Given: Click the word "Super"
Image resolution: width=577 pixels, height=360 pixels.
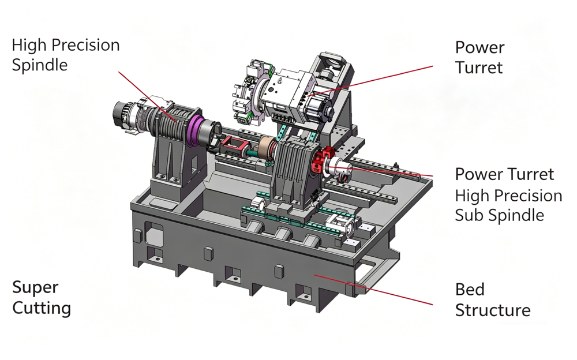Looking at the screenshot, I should pyautogui.click(x=35, y=287).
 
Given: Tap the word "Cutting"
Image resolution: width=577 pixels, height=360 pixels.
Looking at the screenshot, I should pyautogui.click(x=42, y=308).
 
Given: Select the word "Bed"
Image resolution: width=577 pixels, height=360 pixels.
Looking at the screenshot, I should pyautogui.click(x=470, y=289).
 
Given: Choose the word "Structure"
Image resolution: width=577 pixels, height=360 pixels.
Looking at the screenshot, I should pyautogui.click(x=493, y=310).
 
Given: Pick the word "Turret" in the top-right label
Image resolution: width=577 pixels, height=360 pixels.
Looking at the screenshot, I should pyautogui.click(x=479, y=67).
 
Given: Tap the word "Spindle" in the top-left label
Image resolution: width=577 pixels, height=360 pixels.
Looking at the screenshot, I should pyautogui.click(x=39, y=65).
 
